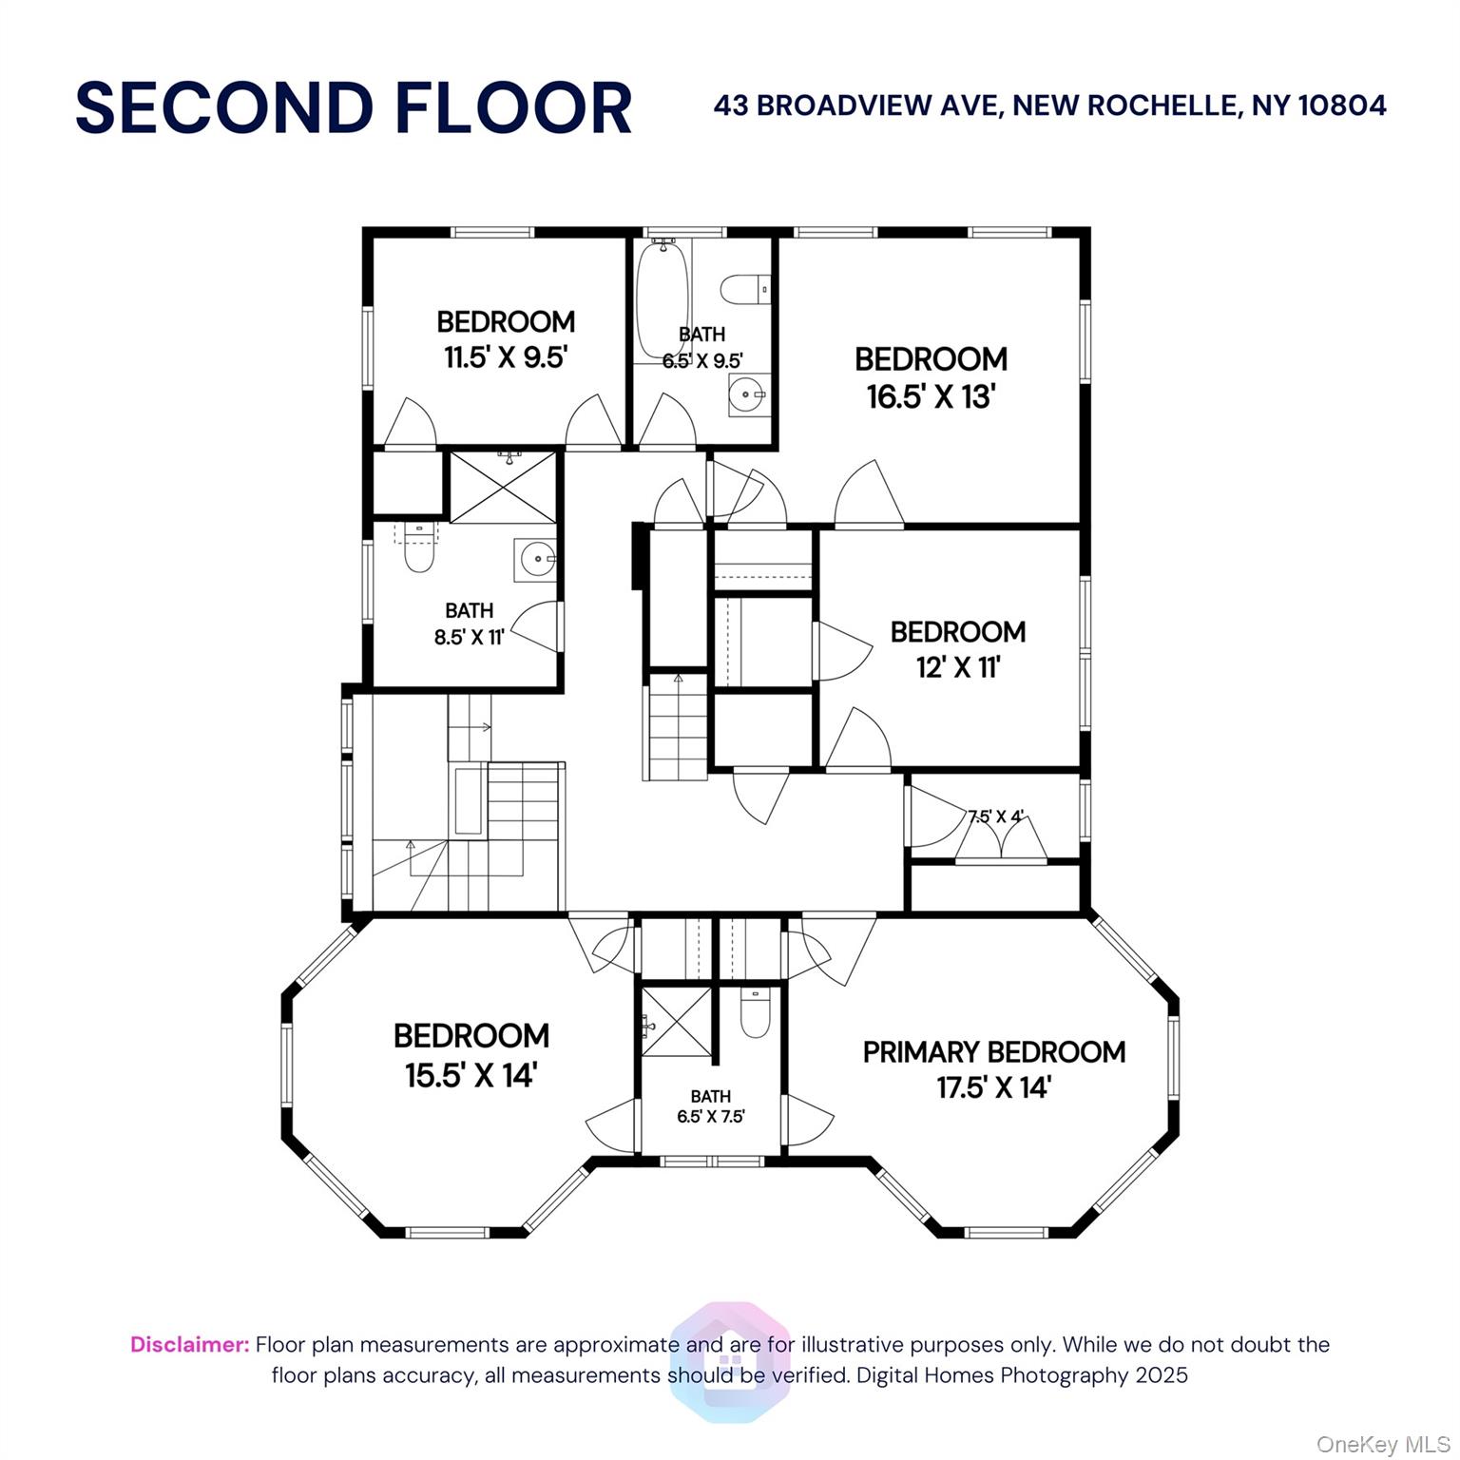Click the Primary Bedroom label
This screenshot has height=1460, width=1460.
994,1052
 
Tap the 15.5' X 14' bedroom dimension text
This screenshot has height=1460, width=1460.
471,1076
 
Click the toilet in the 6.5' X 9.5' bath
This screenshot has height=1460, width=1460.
744,287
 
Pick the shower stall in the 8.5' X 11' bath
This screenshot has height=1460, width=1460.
503,488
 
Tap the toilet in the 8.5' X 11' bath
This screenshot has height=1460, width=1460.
418,547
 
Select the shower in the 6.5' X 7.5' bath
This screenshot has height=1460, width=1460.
677,1021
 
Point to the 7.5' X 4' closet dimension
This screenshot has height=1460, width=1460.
995,816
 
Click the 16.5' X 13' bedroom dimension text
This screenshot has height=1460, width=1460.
931,396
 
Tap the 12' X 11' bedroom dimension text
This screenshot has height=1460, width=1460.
958,667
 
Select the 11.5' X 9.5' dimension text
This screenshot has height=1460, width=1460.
506,357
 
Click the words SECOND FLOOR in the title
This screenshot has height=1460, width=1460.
354,107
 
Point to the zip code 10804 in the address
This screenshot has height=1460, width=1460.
1342,105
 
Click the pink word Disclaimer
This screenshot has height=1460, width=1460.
190,1345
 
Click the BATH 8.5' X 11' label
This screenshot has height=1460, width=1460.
469,624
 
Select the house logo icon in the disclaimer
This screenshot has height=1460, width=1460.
730,1362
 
